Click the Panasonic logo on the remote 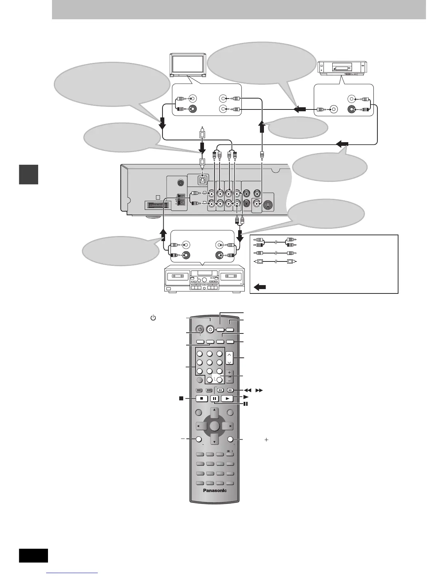tap(214, 491)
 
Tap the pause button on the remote tap(215, 399)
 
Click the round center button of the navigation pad tap(215, 426)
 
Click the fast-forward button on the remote tap(230, 390)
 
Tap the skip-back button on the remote tap(199, 390)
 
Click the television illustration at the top tap(188, 65)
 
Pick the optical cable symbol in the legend tap(275, 261)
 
